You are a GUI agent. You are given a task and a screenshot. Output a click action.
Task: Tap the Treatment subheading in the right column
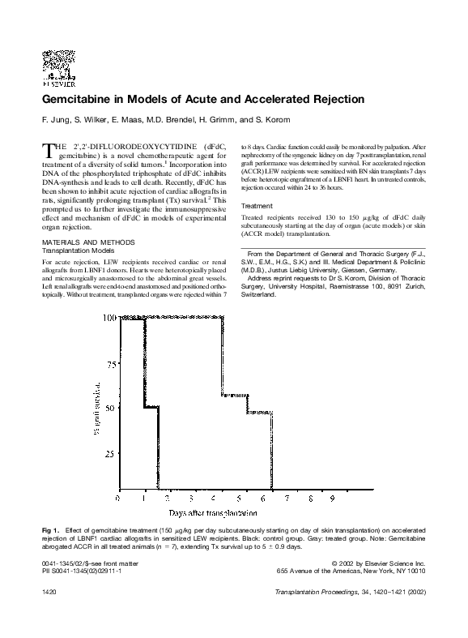pyautogui.click(x=259, y=206)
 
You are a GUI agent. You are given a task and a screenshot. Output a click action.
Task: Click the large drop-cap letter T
pyautogui.click(x=48, y=149)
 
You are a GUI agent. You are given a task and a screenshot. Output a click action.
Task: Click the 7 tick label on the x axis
pyautogui.click(x=287, y=499)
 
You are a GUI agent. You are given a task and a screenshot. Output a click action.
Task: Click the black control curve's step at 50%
pyautogui.click(x=151, y=408)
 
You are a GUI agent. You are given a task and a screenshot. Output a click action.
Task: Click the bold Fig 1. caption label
pyautogui.click(x=52, y=530)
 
